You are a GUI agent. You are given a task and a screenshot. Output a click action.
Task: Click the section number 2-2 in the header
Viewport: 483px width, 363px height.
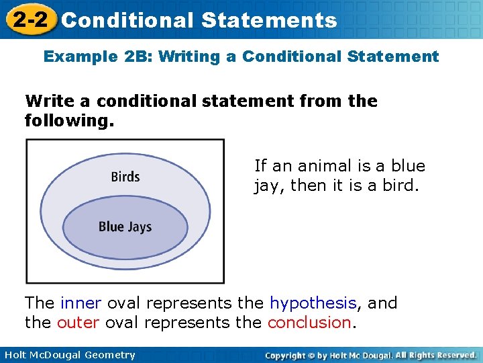pyautogui.click(x=28, y=19)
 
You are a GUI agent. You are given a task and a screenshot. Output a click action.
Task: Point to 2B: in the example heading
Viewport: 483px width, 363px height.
pyautogui.click(x=138, y=56)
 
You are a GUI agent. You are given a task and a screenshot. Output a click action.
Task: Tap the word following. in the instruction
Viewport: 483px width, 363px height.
pyautogui.click(x=69, y=121)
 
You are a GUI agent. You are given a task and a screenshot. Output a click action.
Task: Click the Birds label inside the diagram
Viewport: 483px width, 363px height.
pyautogui.click(x=125, y=177)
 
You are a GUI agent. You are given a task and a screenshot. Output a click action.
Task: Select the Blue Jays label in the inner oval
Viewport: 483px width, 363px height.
pyautogui.click(x=125, y=227)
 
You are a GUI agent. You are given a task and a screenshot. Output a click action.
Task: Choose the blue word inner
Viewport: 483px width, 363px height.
pyautogui.click(x=81, y=303)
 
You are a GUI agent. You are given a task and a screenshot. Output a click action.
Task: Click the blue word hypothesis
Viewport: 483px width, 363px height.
pyautogui.click(x=313, y=303)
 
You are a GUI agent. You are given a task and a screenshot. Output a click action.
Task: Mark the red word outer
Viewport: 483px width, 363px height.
pyautogui.click(x=78, y=323)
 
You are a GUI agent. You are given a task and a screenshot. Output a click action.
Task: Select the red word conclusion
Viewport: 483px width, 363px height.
pyautogui.click(x=309, y=323)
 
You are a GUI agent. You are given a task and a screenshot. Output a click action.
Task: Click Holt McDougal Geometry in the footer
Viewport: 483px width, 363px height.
pyautogui.click(x=68, y=355)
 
